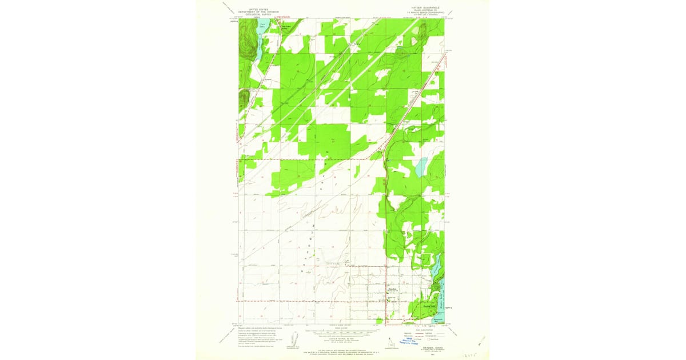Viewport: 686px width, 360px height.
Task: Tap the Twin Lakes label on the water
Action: click(x=262, y=25)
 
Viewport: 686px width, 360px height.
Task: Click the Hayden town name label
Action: click(x=392, y=290)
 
